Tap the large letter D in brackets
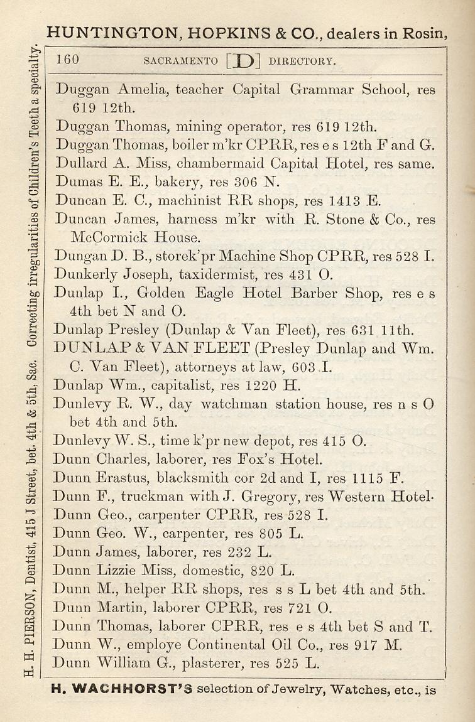(246, 61)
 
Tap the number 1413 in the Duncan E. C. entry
(346, 201)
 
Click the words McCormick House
(136, 237)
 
